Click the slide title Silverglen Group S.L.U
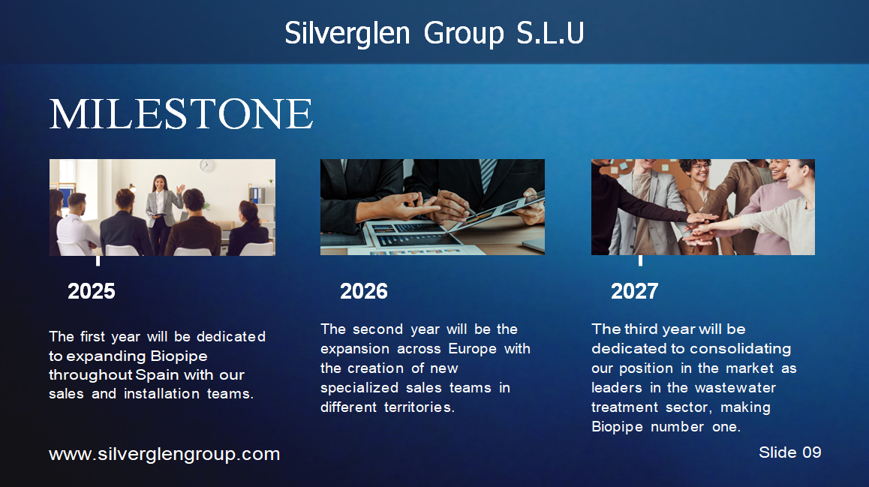(434, 33)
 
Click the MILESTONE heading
(181, 114)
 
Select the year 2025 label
(92, 291)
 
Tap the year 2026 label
(363, 291)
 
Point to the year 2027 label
(634, 291)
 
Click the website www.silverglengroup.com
(164, 454)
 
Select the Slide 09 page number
(789, 452)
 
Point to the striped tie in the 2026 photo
(489, 173)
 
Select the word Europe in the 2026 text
(472, 349)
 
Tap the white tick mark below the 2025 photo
(98, 260)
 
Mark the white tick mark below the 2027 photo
(640, 260)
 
